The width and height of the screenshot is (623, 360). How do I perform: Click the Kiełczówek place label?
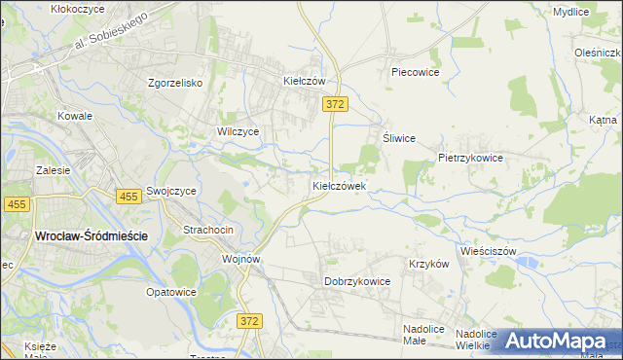339,185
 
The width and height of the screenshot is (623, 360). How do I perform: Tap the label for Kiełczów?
303,82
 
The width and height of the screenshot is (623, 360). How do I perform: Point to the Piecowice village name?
416,72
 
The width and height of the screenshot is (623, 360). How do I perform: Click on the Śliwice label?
400,138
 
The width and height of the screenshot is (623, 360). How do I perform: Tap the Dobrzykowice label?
357,281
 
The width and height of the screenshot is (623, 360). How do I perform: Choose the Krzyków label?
428,264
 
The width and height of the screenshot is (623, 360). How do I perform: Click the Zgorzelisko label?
174,83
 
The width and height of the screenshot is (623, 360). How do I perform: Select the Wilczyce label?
238,130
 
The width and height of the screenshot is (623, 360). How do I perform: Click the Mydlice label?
570,12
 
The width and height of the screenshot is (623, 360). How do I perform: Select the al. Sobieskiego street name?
109,31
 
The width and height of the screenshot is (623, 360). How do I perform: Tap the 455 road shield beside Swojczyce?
128,197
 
